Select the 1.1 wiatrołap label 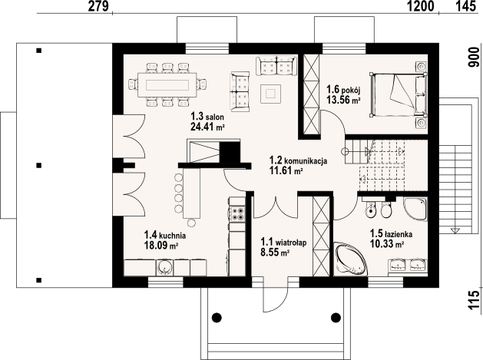[283, 243]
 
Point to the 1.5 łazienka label [391, 234]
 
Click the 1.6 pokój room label [343, 90]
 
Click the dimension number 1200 [421, 6]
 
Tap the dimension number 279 [98, 6]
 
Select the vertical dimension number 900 [475, 58]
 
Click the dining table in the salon [167, 84]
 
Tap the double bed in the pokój [399, 95]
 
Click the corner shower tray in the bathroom [415, 209]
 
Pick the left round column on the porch [217, 317]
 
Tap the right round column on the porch [336, 317]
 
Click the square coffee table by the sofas [270, 94]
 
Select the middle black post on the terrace [39, 166]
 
